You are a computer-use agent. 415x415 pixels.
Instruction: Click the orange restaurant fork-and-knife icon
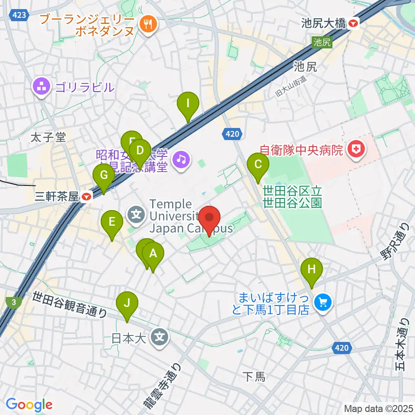tap(148, 25)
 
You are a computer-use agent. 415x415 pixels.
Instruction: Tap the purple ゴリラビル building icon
tap(42, 88)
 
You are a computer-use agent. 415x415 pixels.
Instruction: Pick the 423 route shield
tap(21, 15)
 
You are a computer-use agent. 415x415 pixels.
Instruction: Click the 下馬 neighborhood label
tap(254, 377)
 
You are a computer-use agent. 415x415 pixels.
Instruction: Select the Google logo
tap(29, 405)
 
